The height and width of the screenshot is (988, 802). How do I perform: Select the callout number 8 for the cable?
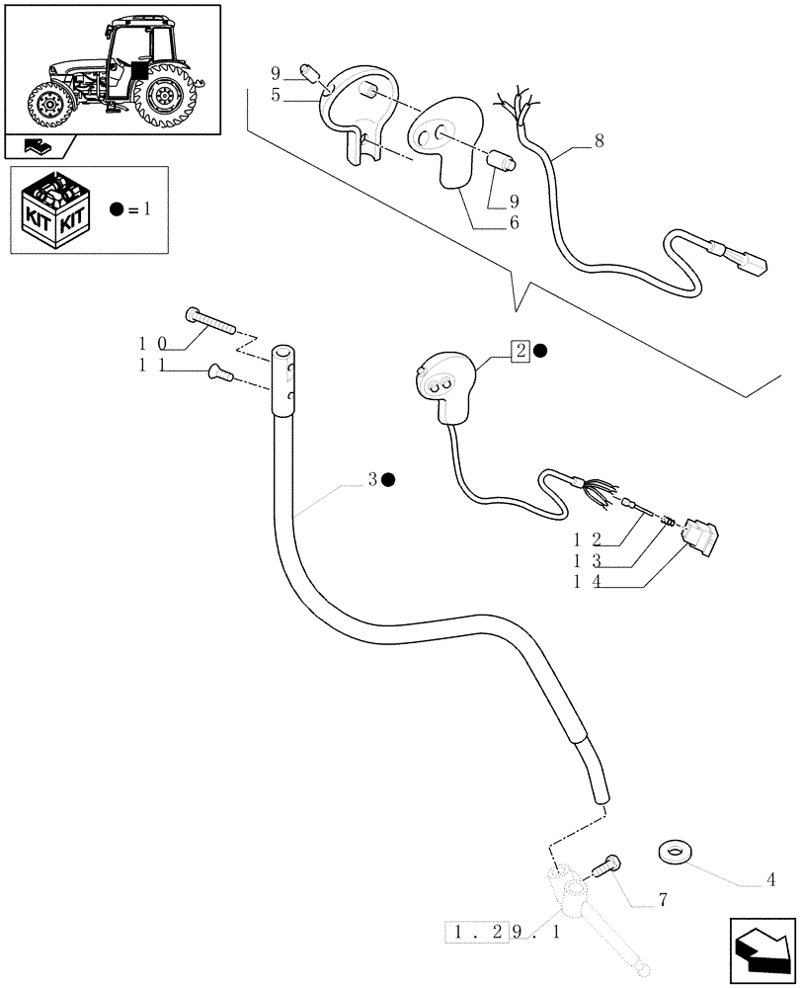point(598,140)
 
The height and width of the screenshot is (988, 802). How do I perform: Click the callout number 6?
point(514,223)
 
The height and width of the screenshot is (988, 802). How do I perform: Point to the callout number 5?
point(276,95)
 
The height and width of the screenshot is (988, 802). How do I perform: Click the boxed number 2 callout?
point(521,350)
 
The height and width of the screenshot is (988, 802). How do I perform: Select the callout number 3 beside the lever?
point(372,480)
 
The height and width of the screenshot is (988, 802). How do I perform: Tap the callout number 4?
point(769,879)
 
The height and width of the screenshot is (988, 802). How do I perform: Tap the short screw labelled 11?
point(219,372)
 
